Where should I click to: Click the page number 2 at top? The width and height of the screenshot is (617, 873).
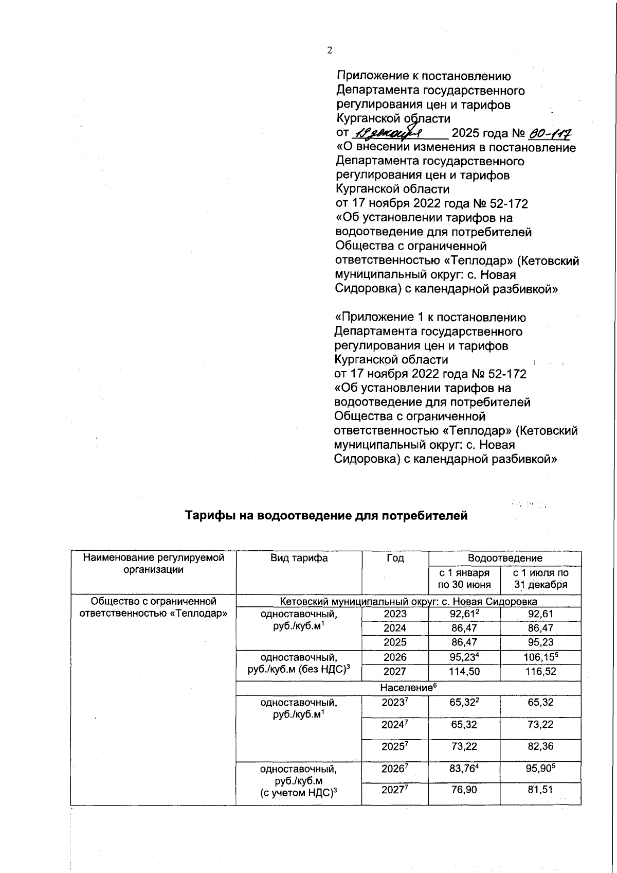(x=330, y=50)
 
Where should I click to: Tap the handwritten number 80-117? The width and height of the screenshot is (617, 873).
(x=550, y=133)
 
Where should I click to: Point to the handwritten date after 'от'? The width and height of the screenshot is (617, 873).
(x=389, y=133)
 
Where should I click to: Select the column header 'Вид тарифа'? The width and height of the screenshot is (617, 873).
(x=299, y=558)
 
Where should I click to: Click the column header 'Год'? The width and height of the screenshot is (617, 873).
(x=395, y=558)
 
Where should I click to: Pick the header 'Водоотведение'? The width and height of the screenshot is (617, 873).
(x=504, y=558)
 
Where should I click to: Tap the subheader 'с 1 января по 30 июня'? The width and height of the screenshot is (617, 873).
(x=464, y=579)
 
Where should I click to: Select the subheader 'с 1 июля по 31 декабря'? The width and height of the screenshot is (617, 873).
(x=540, y=579)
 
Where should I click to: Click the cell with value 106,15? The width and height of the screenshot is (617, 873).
(x=540, y=657)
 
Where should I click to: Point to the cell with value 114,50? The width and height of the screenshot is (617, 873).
(x=464, y=672)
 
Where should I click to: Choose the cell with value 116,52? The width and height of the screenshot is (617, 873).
(x=540, y=672)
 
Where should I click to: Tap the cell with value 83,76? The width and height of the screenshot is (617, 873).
(x=464, y=770)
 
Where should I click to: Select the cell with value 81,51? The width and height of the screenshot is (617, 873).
(x=540, y=790)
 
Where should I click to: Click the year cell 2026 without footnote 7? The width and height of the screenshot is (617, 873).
(x=395, y=657)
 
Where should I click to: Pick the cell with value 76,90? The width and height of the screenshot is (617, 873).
(x=464, y=790)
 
